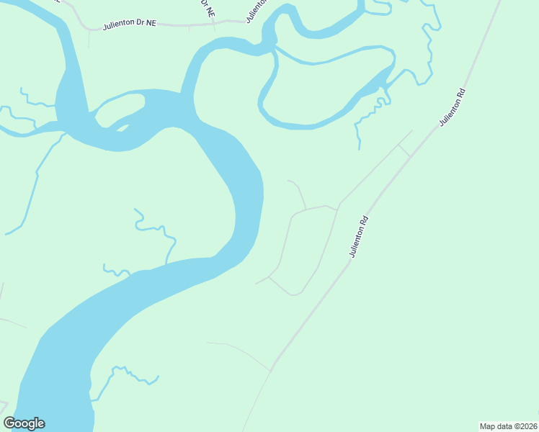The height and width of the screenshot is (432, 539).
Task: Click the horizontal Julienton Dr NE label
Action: click(130, 24)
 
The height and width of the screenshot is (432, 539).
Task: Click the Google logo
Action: click(24, 423)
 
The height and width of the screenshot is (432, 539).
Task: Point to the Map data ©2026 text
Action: click(509, 426)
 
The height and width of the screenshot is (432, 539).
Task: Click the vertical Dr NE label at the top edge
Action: click(207, 8)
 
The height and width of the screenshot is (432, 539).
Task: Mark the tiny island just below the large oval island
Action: click(122, 129)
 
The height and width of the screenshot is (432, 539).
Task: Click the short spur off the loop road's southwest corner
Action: click(262, 280)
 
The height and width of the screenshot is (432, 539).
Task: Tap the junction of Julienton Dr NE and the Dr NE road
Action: click(214, 23)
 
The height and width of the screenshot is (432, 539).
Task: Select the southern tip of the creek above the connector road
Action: click(359, 148)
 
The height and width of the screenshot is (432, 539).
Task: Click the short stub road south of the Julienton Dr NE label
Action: click(89, 39)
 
